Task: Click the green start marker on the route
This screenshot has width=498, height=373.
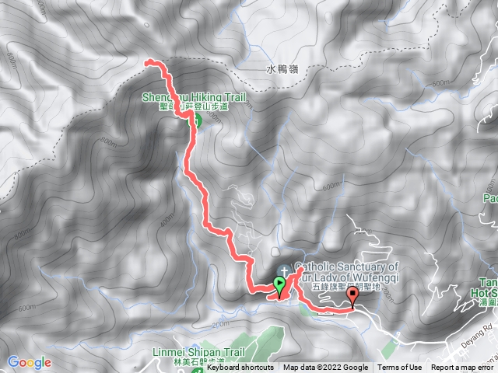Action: [279, 284]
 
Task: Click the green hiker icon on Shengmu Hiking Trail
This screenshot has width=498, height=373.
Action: [195, 120]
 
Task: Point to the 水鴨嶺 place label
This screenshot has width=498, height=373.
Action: [282, 68]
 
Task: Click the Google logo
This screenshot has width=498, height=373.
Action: [29, 362]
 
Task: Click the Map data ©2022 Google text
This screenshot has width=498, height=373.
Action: [325, 368]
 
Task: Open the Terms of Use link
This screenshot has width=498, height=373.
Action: [400, 368]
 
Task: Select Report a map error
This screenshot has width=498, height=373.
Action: [462, 368]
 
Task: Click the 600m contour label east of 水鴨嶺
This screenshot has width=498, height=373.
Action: [440, 83]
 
